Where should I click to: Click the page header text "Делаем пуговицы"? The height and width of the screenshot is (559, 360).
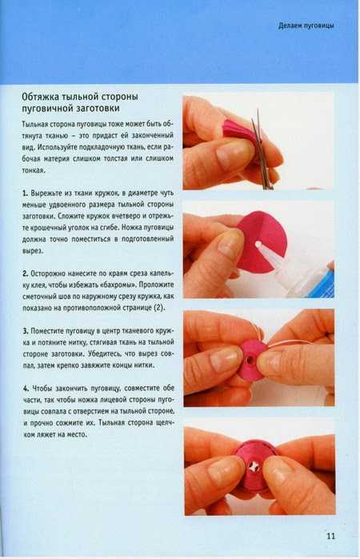point(306,26)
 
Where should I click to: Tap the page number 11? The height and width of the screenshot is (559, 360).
point(330,536)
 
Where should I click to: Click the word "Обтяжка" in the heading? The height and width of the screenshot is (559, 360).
point(40,97)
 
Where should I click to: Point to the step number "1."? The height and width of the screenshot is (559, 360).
point(25,194)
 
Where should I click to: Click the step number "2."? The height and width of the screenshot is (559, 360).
point(26,274)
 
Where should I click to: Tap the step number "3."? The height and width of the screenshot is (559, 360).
point(26,331)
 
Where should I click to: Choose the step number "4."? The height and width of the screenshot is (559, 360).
point(26,388)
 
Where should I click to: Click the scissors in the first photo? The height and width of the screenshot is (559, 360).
point(262,150)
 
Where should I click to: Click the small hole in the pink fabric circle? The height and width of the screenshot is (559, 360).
point(258,245)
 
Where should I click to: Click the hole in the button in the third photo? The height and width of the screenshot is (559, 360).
point(251,358)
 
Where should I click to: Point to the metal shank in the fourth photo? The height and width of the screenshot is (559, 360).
point(254,466)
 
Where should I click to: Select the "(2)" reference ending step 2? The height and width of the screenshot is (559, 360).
point(159,308)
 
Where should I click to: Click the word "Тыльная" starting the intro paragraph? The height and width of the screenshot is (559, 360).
point(34,124)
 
